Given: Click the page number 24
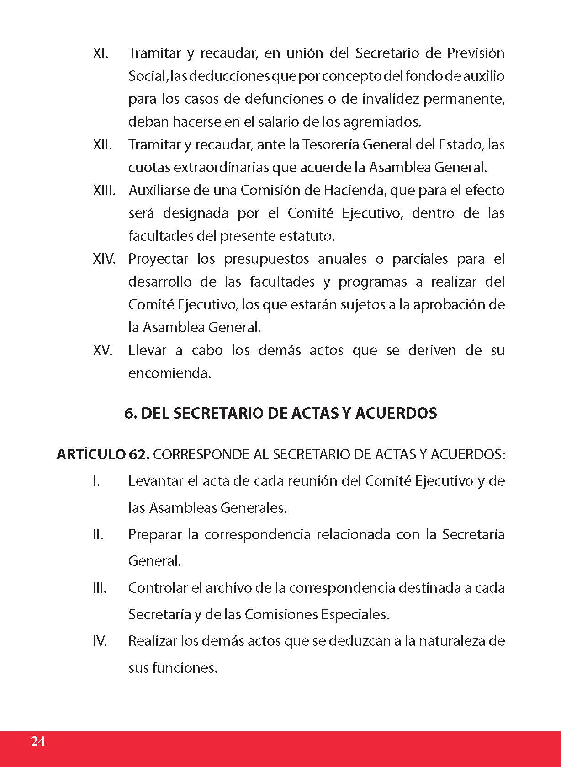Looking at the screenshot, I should coord(38,741).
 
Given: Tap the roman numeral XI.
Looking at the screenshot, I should coord(101,53).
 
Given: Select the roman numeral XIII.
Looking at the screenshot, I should coord(104,191).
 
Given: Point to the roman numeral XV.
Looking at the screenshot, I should coord(102,351).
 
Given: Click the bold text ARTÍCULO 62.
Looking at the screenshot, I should coord(103,455).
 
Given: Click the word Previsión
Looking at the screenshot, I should coord(475,53).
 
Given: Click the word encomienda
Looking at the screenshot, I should coord(169,373).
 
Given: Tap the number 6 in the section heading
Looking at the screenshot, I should coord(129,413).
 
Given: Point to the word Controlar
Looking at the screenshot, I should coord(158,588).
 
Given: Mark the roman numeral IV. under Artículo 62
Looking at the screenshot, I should coord(100,641).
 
